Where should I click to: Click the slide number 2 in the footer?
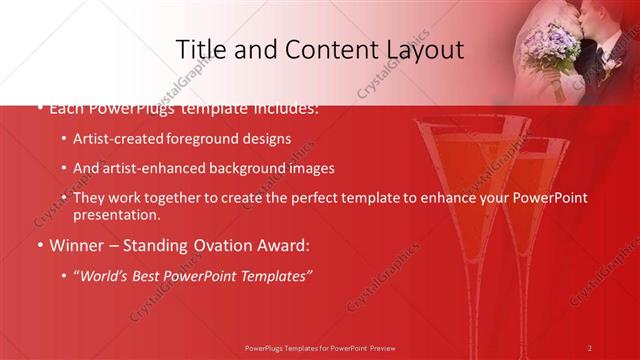click(x=590, y=347)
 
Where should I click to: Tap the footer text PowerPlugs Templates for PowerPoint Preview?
click(x=320, y=347)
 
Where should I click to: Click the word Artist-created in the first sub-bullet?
click(x=120, y=139)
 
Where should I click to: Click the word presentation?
click(x=116, y=214)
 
